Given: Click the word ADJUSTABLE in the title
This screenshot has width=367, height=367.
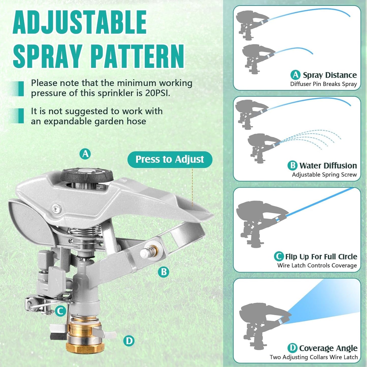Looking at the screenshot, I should coord(80,22).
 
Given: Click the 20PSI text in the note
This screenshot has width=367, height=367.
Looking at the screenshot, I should coord(157,93).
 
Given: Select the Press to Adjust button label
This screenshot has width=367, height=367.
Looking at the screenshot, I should coord(170,159).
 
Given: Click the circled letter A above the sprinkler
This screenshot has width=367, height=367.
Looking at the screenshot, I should coord(85,154).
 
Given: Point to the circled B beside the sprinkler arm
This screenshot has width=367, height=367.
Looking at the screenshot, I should coord(164,272).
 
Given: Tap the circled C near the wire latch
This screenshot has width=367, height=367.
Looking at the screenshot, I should coord(60,311).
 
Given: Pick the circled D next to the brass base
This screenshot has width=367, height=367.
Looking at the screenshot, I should coord(129,341).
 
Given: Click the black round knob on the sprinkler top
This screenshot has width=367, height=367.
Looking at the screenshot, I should coord(87,175).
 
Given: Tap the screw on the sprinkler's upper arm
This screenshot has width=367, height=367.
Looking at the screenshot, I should coord(56,209).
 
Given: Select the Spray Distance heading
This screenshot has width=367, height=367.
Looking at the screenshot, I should coord(330,75).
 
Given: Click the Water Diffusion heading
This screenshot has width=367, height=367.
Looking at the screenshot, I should coord(328,166).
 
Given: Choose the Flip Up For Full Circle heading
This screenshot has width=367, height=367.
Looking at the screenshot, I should coord(321,257).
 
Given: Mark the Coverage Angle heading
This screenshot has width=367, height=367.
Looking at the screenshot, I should coord(328,348).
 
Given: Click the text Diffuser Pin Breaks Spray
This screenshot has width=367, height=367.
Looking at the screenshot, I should coord(323,84).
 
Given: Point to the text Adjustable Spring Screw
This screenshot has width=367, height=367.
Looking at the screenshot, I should coord(324,175).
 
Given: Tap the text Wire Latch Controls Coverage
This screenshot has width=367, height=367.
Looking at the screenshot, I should coord(317,265).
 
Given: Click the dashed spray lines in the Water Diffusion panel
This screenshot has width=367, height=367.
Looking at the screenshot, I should coord(312,138).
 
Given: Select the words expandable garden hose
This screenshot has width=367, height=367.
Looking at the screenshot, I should coord(95,121).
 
